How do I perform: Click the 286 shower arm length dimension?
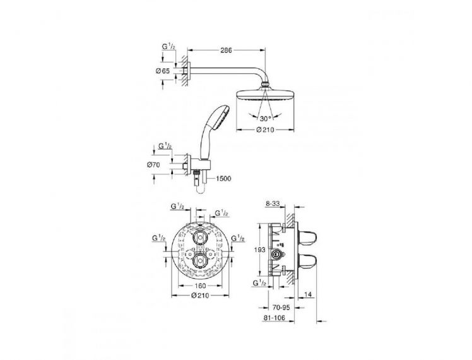(226, 51)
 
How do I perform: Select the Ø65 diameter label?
(163, 71)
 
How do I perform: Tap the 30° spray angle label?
(265, 118)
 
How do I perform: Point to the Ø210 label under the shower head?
(265, 130)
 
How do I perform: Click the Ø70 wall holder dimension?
(153, 165)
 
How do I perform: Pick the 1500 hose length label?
(223, 179)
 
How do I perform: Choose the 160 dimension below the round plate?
(200, 285)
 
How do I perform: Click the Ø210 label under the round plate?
(200, 296)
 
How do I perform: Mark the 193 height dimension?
(260, 249)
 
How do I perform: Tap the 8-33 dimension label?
(273, 204)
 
